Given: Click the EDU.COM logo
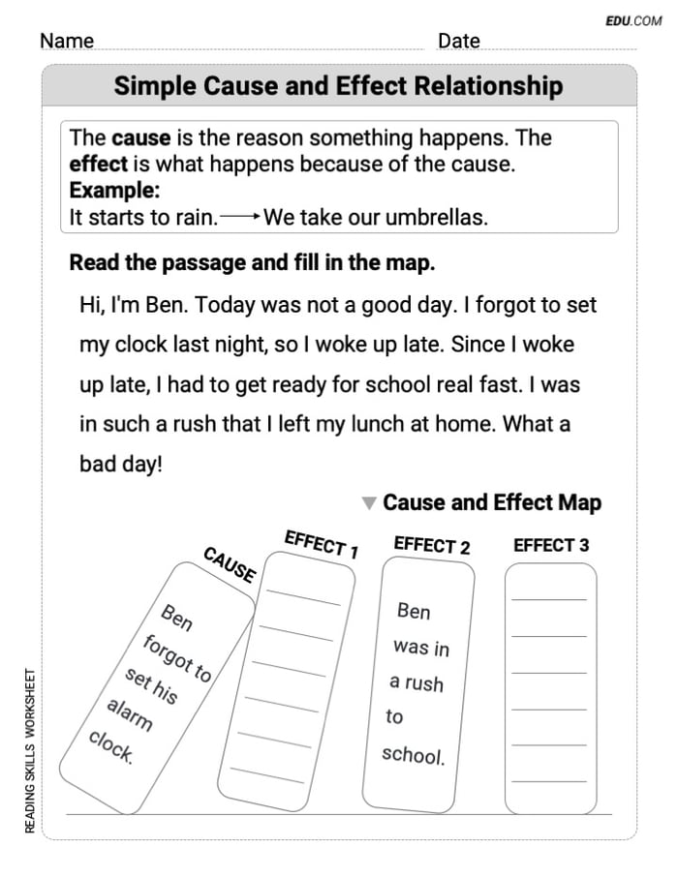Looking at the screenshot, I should tap(633, 20).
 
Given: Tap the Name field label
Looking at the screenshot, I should tap(67, 41).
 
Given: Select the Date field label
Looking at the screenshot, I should tap(458, 41).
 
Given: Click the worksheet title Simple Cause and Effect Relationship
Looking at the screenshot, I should tap(338, 86).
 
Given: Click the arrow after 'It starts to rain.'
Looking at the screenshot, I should tap(240, 218).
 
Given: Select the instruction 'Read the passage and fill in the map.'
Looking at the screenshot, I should tap(252, 263).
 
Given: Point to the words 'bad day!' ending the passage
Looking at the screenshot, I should tap(121, 464).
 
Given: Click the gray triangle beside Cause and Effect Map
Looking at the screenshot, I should tap(368, 503).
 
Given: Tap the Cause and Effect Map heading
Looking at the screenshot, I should tap(492, 503).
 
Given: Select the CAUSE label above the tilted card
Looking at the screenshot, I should tap(230, 565).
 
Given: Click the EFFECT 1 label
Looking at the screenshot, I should tap(321, 544).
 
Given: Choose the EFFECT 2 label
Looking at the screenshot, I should tap(432, 546).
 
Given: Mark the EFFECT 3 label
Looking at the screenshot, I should tap(550, 546).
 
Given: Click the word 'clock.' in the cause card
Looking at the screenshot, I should tap(110, 745).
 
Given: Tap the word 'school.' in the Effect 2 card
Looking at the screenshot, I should tap(413, 755).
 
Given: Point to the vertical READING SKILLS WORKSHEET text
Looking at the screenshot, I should tap(31, 751).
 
